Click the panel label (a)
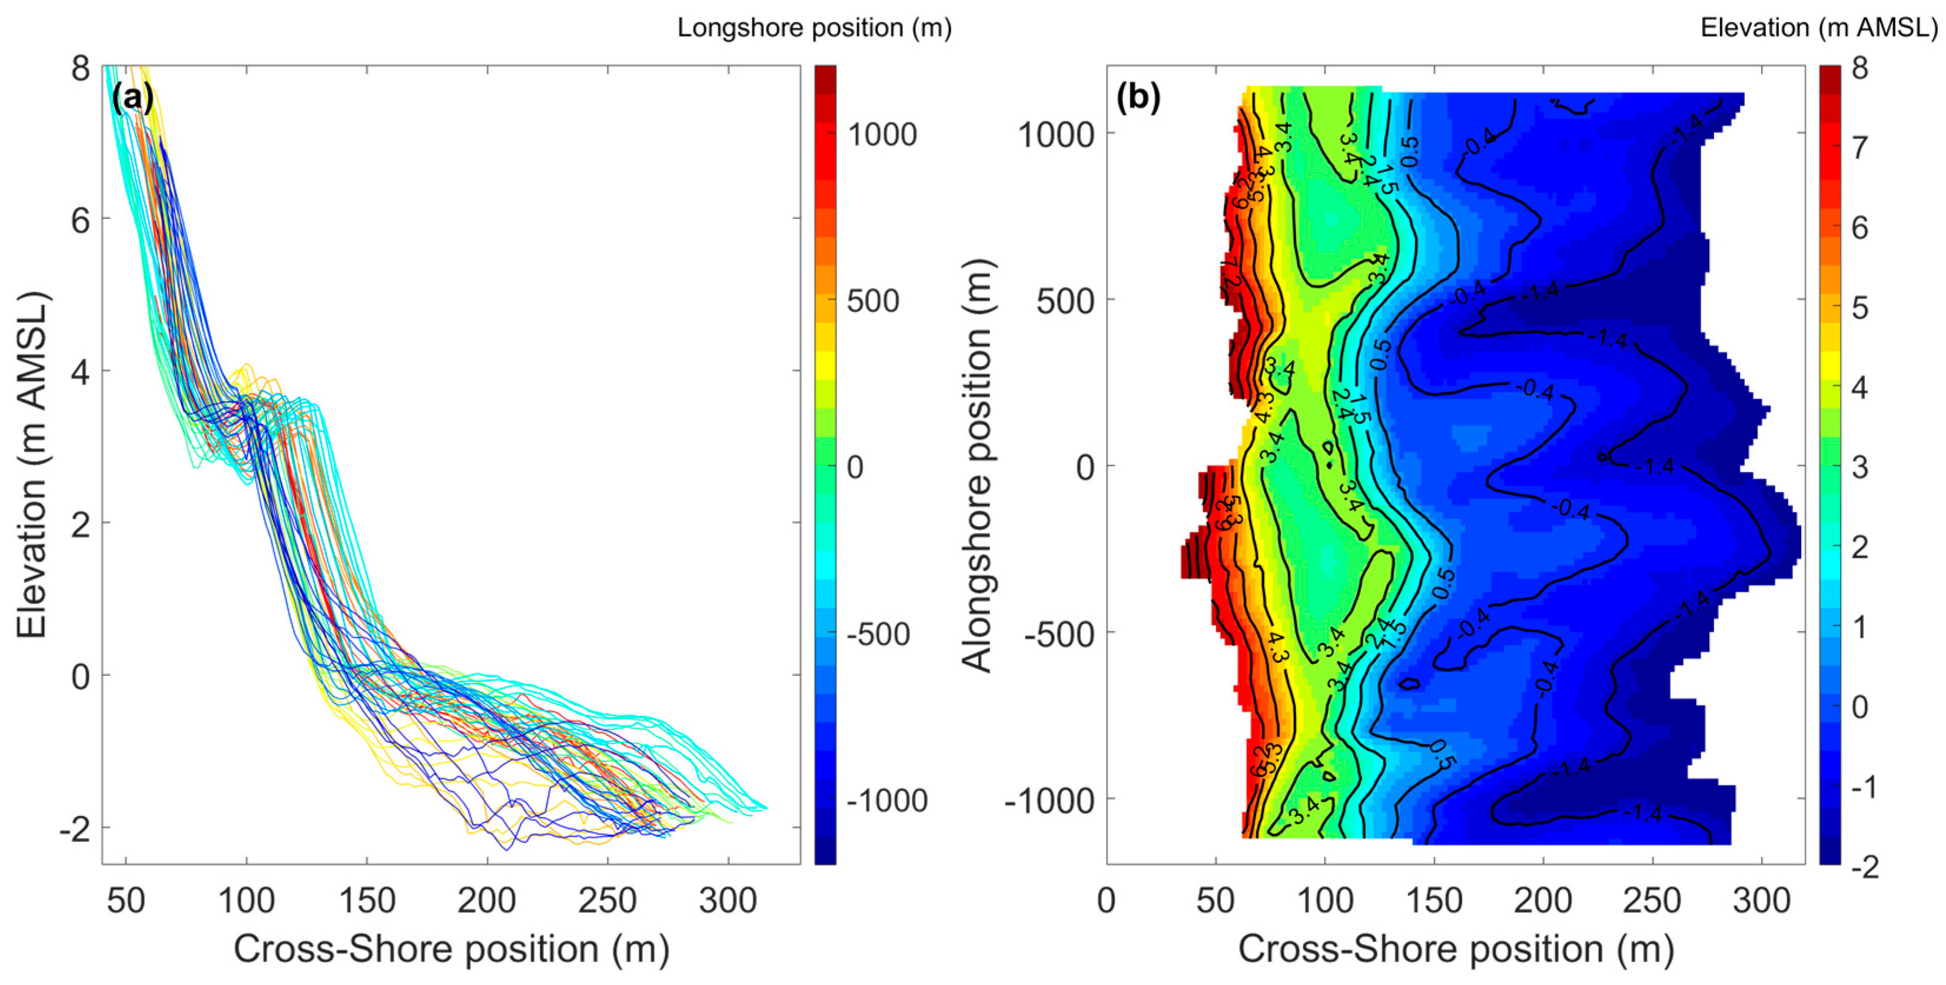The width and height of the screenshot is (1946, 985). click(x=133, y=98)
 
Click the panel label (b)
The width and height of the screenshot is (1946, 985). click(x=1138, y=98)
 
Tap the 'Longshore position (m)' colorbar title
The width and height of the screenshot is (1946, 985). click(x=813, y=28)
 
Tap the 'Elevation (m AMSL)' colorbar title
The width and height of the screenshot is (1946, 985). click(x=1818, y=28)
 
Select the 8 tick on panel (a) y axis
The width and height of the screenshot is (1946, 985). click(x=80, y=69)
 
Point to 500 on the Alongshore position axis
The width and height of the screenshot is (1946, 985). click(x=1065, y=301)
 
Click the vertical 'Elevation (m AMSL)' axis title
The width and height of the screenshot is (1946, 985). click(x=32, y=466)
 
